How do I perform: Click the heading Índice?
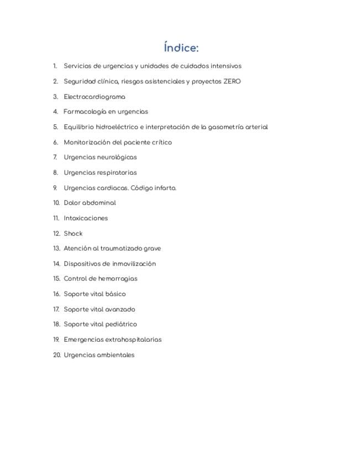click(181, 48)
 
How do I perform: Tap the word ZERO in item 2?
click(232, 81)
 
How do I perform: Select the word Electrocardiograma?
click(94, 97)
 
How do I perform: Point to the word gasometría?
click(225, 127)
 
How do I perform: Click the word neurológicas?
click(117, 157)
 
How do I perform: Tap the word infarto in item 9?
click(165, 188)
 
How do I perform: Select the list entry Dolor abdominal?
click(90, 203)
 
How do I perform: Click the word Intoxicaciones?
click(86, 218)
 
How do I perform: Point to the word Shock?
click(73, 233)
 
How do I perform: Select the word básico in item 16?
click(116, 294)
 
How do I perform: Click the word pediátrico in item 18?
click(121, 324)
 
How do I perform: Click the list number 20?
click(56, 355)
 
